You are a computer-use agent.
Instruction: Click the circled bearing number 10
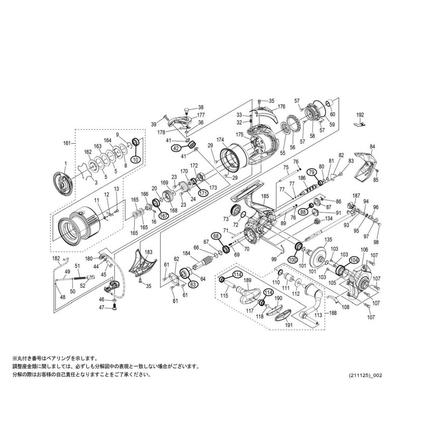pos(135,161)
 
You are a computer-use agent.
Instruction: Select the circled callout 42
pos(176,148)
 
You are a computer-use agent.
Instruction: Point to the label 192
pos(360,115)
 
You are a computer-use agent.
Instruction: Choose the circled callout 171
pos(204,193)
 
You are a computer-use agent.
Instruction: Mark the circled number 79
pos(311,172)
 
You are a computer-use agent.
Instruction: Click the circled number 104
pos(354,259)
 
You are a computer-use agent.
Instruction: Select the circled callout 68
pos(216,236)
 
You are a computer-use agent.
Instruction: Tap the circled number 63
pos(192,284)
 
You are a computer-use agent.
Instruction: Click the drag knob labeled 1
pos(64,182)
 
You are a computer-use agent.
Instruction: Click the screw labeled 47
pos(114,308)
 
